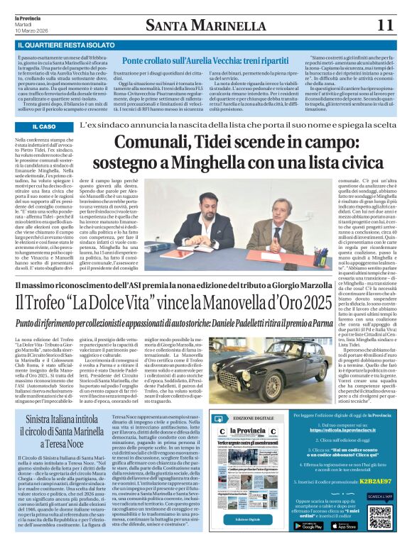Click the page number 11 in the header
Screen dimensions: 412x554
385,26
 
